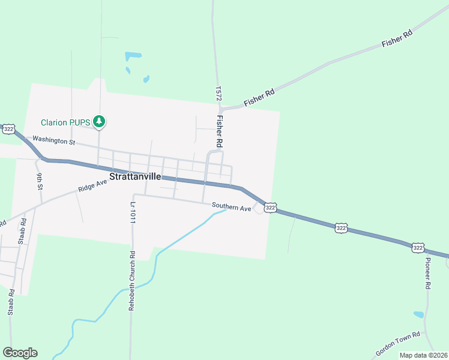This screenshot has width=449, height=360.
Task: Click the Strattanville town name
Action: point(135,178)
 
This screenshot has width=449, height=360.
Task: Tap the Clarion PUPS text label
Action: point(65,122)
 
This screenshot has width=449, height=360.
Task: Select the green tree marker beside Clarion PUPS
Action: point(99,122)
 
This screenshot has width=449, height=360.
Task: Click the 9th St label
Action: point(40,181)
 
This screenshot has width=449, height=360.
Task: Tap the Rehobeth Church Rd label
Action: point(132,281)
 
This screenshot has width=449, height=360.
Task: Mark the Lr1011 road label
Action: point(133,212)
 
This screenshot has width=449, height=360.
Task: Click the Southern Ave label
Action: point(231,208)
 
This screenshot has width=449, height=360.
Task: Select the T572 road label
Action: point(218,93)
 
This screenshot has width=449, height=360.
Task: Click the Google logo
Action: point(20,353)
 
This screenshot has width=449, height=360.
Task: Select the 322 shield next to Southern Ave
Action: point(271,207)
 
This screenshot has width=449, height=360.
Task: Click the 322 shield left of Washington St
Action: point(8,129)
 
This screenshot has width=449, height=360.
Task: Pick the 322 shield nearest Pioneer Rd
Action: point(418,247)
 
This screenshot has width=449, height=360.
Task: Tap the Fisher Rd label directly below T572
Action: point(220,131)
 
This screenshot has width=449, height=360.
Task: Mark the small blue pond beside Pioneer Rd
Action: point(418,314)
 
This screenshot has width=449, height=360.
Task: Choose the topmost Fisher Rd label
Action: point(397,40)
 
